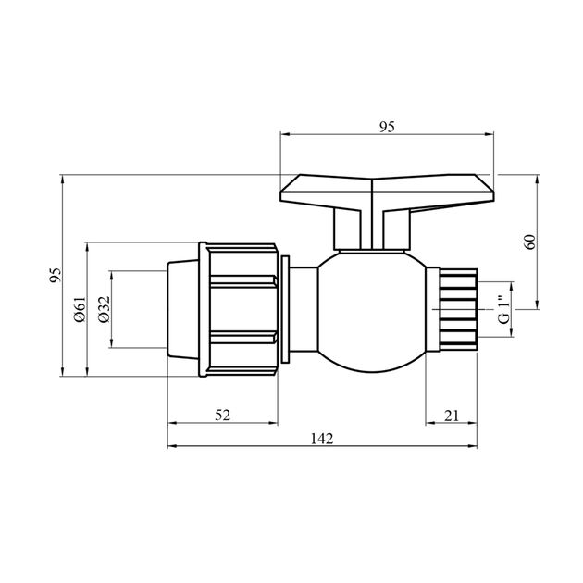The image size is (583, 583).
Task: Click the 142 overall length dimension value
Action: [x=322, y=437]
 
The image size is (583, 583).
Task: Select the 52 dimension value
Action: [x=223, y=415]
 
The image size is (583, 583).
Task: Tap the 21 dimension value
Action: [x=451, y=415]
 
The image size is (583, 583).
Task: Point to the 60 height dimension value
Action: [x=529, y=242]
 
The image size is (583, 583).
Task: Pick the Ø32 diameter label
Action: [x=104, y=310]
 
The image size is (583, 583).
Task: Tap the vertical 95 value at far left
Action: [x=55, y=275]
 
